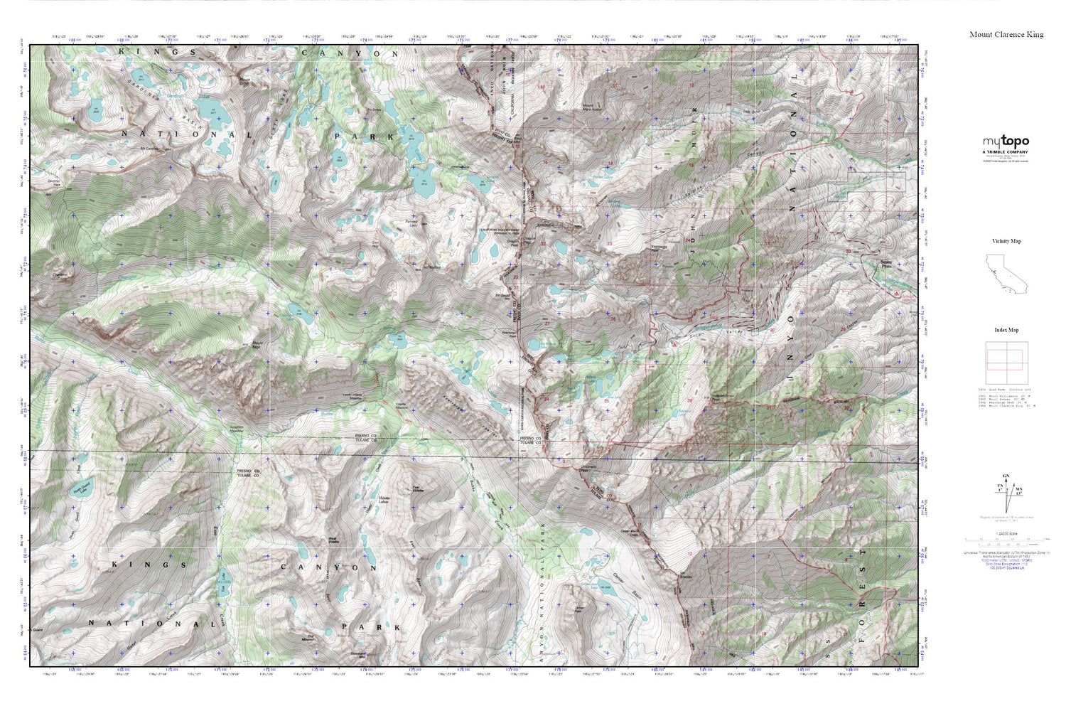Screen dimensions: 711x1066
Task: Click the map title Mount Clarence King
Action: [x=1006, y=34]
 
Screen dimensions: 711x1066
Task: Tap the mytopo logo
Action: [x=1006, y=141]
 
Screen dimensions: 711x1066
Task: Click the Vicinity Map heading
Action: [x=1006, y=241]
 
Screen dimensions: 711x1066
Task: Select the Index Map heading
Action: [x=1006, y=330]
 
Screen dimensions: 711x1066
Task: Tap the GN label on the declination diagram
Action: [x=1005, y=476]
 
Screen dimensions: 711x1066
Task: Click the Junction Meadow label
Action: [x=237, y=429]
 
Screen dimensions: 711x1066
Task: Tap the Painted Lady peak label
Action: [x=411, y=223]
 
